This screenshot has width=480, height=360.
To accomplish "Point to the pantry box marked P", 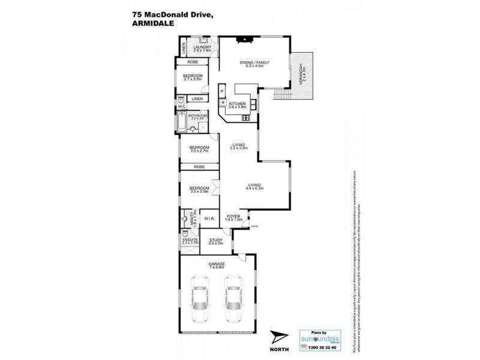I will (222, 91).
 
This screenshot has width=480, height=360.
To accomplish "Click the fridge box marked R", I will (223, 103).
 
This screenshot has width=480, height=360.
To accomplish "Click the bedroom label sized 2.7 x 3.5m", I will (193, 77).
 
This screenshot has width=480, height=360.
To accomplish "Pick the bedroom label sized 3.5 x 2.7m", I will (199, 149).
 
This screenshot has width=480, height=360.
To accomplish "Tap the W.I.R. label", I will (209, 218).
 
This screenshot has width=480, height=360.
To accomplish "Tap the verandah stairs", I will (279, 94).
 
